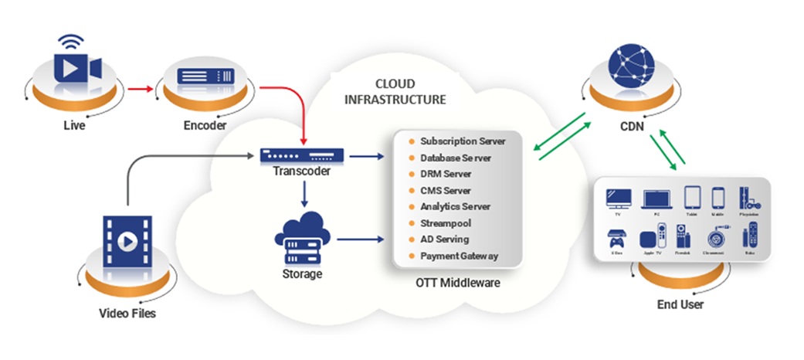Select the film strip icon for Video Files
pos(123,242)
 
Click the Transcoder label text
pos(302,171)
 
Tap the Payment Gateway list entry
pos(459,256)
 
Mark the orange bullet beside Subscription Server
pos(412,141)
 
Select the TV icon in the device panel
pos(618,199)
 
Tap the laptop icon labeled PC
pos(655,199)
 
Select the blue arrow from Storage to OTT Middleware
pos(360,239)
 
